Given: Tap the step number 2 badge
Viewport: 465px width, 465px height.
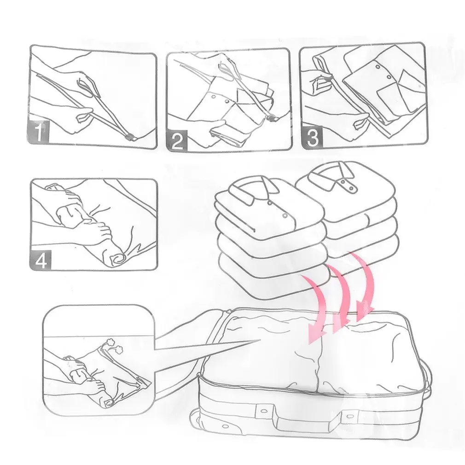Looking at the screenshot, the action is pyautogui.click(x=177, y=140).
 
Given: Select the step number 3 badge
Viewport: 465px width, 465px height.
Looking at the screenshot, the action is pyautogui.click(x=312, y=137).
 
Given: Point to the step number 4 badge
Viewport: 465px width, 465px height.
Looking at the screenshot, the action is pyautogui.click(x=41, y=260).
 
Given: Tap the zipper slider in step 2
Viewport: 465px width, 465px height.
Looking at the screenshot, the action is pyautogui.click(x=272, y=119).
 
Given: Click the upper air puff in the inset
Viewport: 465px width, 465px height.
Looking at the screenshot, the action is pyautogui.click(x=112, y=341).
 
